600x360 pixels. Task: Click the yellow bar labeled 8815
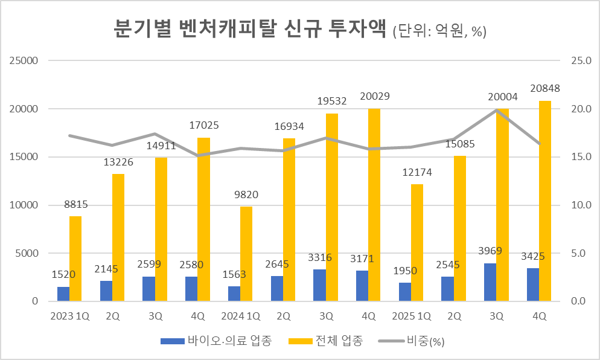75,259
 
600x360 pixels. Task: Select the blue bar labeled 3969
490,282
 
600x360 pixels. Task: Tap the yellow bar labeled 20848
545,201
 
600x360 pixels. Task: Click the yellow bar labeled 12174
417,242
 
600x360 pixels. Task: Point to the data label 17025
204,126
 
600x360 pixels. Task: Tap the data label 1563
235,274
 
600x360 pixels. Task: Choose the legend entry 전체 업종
339,341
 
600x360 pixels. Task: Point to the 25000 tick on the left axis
24,61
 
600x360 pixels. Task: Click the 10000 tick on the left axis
24,205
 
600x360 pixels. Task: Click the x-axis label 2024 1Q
240,316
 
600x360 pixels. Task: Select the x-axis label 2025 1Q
411,316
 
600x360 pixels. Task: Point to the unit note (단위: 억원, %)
439,32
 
